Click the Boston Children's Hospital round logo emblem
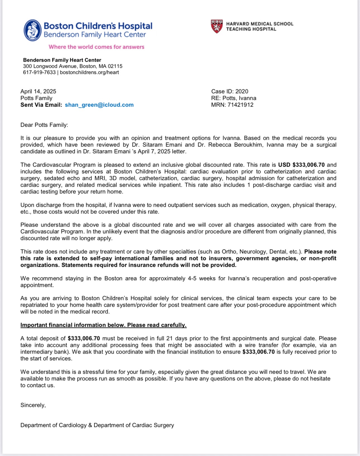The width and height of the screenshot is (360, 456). (33, 30)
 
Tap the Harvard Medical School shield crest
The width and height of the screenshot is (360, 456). (217, 26)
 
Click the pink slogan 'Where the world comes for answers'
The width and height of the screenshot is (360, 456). (96, 47)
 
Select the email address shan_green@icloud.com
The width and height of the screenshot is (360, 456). (99, 105)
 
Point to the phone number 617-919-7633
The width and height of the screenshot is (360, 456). (39, 73)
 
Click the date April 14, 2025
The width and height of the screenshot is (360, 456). (38, 92)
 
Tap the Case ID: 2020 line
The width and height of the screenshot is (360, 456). (229, 92)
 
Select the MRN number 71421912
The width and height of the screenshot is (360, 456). (240, 105)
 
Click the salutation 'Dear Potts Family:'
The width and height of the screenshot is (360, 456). (44, 125)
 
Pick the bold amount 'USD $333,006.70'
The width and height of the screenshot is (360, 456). (301, 165)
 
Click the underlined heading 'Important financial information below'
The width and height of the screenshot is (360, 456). (103, 325)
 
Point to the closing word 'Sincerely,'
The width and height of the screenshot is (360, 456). (33, 405)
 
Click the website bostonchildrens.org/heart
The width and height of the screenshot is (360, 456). (89, 73)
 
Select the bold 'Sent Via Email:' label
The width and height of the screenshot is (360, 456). (41, 105)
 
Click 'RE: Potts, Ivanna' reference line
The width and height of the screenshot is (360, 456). (234, 98)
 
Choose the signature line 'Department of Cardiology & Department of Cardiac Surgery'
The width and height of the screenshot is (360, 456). (97, 425)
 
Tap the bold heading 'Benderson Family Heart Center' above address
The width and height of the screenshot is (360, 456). (62, 60)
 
